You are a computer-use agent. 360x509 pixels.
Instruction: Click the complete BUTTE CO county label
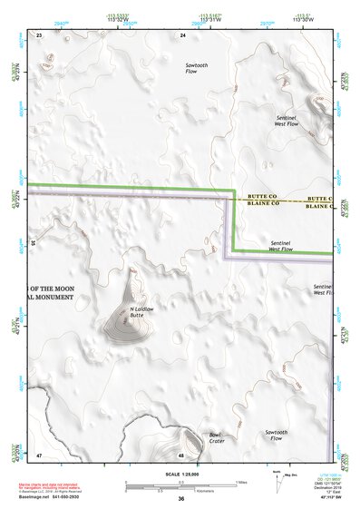(261, 197)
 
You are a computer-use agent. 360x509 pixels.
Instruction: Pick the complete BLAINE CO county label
(261, 206)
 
